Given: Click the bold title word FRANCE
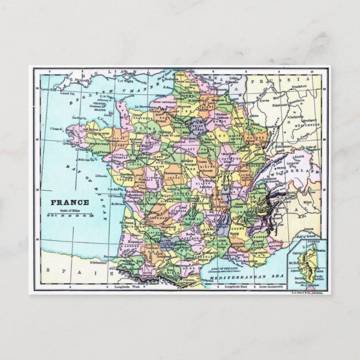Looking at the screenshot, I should [69, 202].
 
